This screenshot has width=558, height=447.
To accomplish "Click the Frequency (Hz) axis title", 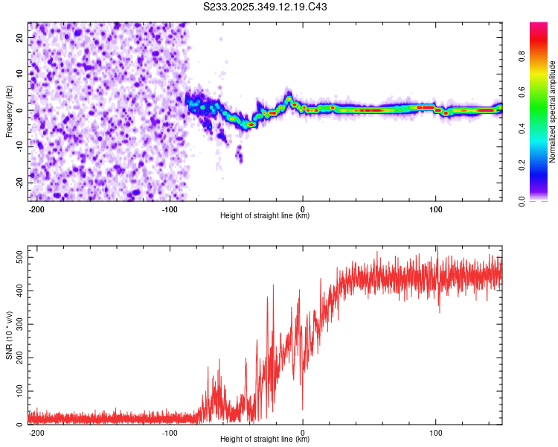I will click(9, 111).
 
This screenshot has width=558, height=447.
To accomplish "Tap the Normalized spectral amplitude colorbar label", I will click(552, 112).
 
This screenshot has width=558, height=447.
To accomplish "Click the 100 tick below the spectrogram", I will click(435, 209).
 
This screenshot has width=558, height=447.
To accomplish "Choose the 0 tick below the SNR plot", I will click(302, 432).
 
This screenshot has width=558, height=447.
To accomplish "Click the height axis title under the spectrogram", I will click(265, 216).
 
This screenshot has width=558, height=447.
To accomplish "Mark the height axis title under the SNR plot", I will click(265, 440).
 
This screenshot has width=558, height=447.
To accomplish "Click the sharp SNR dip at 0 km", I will click(302, 408).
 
